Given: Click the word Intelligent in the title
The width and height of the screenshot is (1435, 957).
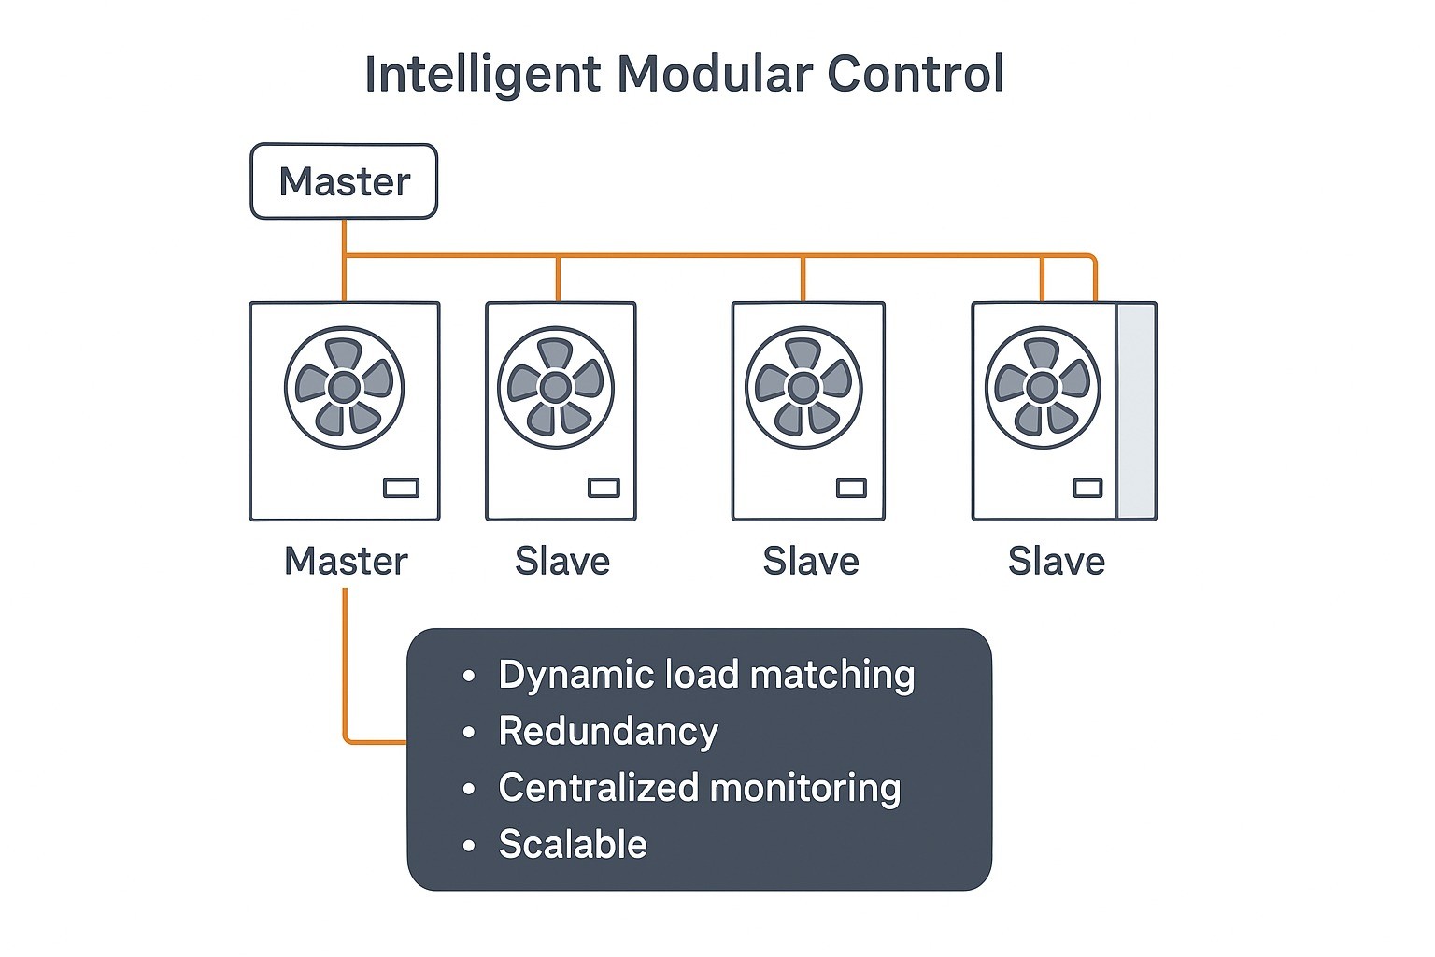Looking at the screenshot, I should click(x=482, y=75).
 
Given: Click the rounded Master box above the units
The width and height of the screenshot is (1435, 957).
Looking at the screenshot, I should click(x=344, y=181).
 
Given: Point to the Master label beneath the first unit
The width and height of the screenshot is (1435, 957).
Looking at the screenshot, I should click(x=346, y=562).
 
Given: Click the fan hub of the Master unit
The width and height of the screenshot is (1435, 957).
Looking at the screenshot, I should click(x=344, y=387).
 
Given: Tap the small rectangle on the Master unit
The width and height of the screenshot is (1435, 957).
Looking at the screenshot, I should click(x=402, y=488).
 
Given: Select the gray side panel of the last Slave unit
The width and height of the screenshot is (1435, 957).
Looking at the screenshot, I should click(x=1137, y=411).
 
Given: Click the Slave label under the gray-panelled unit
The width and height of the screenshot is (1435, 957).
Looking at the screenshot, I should click(x=1056, y=562).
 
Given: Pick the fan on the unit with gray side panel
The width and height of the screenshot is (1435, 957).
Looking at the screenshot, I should click(x=1043, y=387).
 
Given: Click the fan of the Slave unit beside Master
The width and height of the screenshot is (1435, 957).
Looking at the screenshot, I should click(x=556, y=387).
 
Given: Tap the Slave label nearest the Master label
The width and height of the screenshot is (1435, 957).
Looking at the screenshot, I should click(x=562, y=562).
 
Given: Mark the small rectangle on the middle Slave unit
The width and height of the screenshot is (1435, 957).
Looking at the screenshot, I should click(x=851, y=488).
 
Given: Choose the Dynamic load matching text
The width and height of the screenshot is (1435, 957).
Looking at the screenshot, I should click(x=706, y=675).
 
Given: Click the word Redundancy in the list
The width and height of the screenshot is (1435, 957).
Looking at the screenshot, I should click(x=608, y=731).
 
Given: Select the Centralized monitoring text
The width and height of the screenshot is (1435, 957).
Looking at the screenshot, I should click(x=700, y=788).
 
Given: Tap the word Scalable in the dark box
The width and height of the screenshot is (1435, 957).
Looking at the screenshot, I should click(x=573, y=845).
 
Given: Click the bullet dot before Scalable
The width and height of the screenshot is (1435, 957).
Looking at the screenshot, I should click(x=469, y=846).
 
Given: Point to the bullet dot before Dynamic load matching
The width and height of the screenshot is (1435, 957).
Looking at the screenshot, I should click(x=469, y=676).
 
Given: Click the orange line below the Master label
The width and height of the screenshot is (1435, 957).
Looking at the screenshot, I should click(x=345, y=664).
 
